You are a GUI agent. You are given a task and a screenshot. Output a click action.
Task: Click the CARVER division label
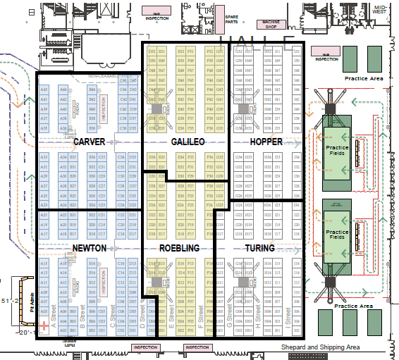(89, 143)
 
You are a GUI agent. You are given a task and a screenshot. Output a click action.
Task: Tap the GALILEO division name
(188, 142)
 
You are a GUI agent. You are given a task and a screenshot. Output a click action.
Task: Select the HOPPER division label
(266, 142)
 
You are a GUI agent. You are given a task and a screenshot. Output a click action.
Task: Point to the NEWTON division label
(89, 249)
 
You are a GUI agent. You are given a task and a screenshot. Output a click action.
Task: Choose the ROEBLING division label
(179, 249)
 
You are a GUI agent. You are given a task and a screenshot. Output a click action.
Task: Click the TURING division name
(259, 249)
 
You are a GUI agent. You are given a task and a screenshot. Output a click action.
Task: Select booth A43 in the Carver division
(44, 90)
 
